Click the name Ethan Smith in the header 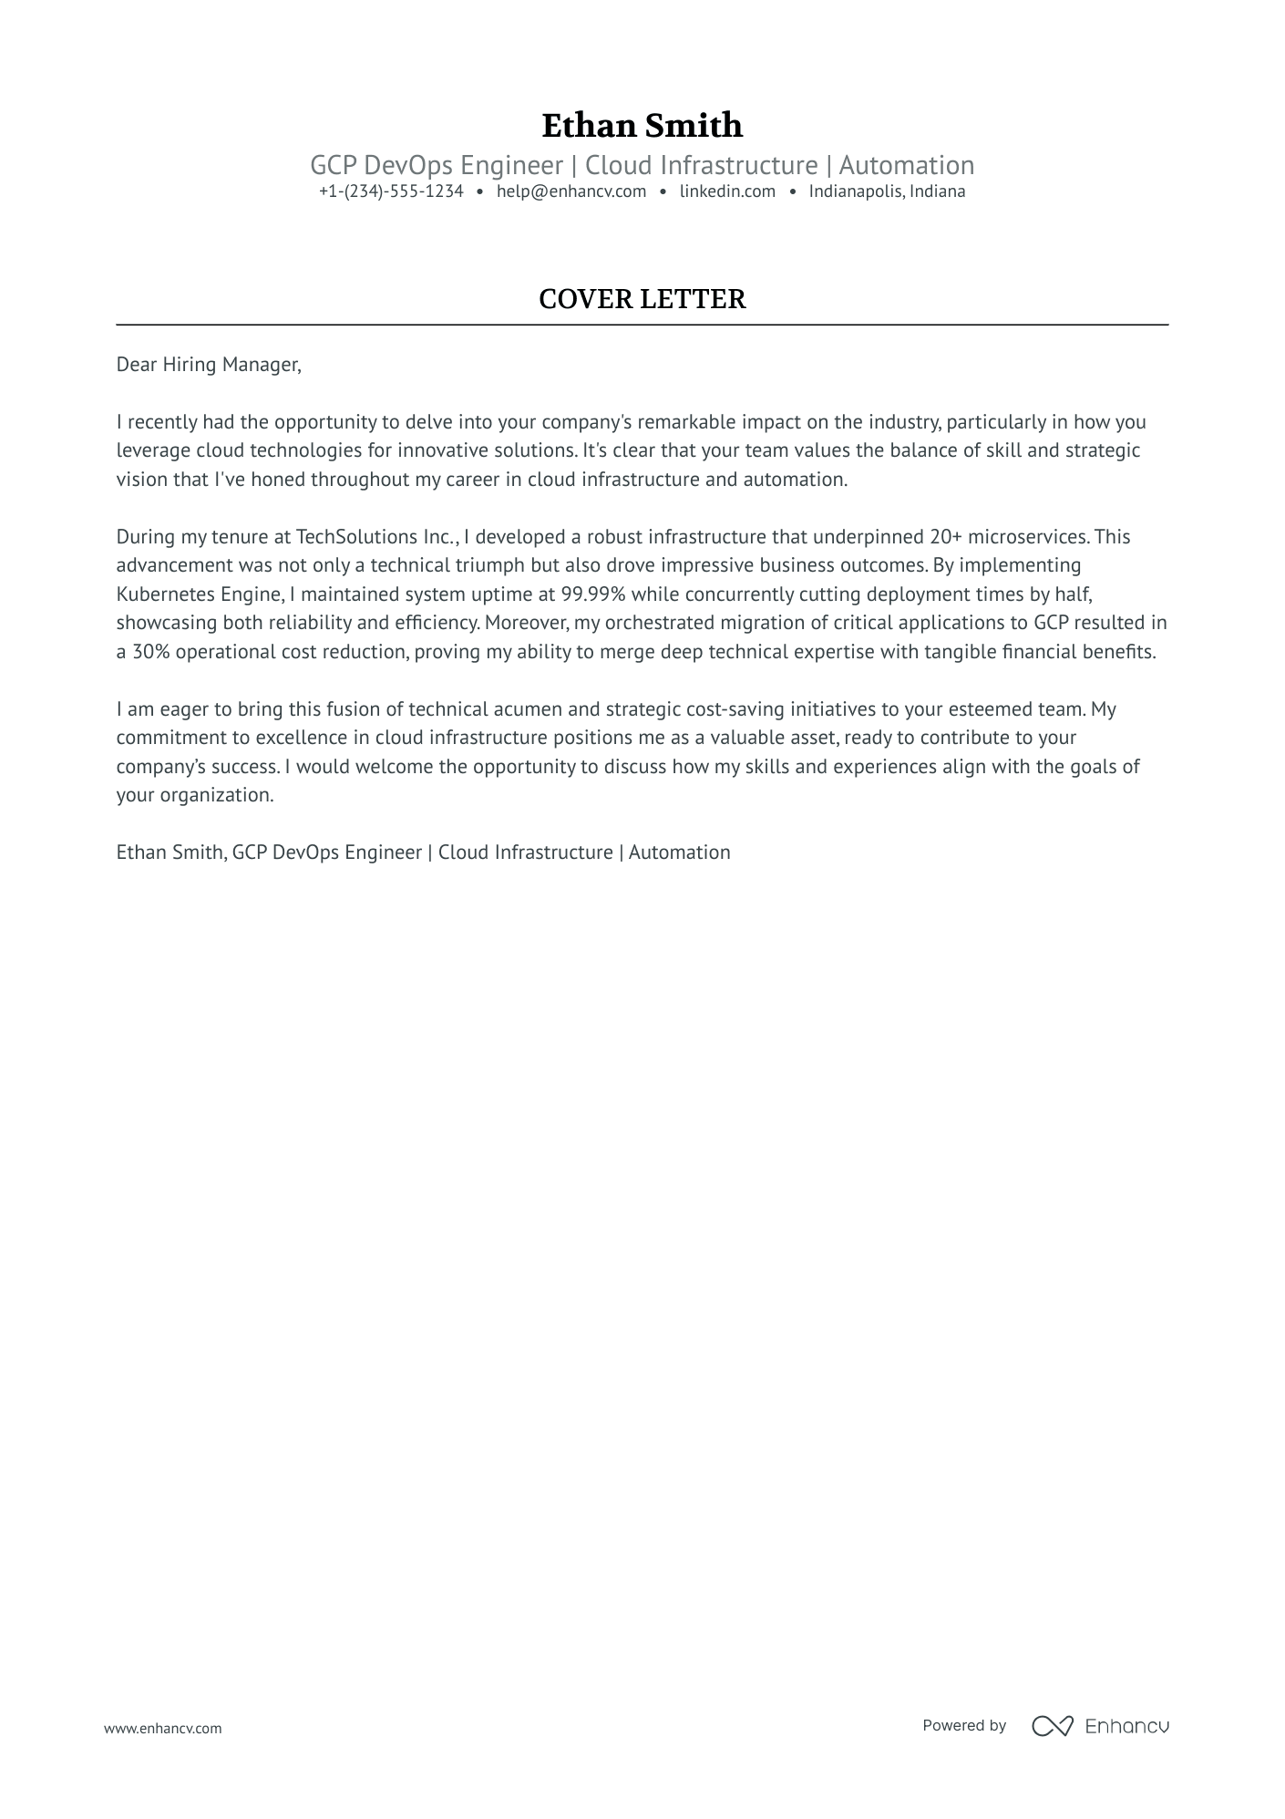click(642, 125)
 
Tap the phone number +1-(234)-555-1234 click(391, 191)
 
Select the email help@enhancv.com click(571, 191)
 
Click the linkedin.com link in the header click(727, 191)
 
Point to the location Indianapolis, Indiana click(887, 191)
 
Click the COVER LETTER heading click(642, 299)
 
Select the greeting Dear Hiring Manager click(208, 365)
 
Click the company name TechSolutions click(357, 537)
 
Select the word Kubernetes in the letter click(166, 594)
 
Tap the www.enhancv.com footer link click(163, 1728)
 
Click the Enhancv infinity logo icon click(1052, 1725)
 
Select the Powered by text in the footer click(963, 1725)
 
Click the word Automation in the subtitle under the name click(906, 166)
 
